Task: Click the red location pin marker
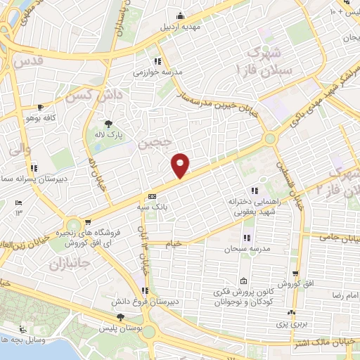point(181,165)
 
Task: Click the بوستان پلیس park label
point(117,329)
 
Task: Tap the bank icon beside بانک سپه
point(152,197)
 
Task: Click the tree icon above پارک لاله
point(108,123)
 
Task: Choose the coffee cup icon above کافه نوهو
point(41,108)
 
